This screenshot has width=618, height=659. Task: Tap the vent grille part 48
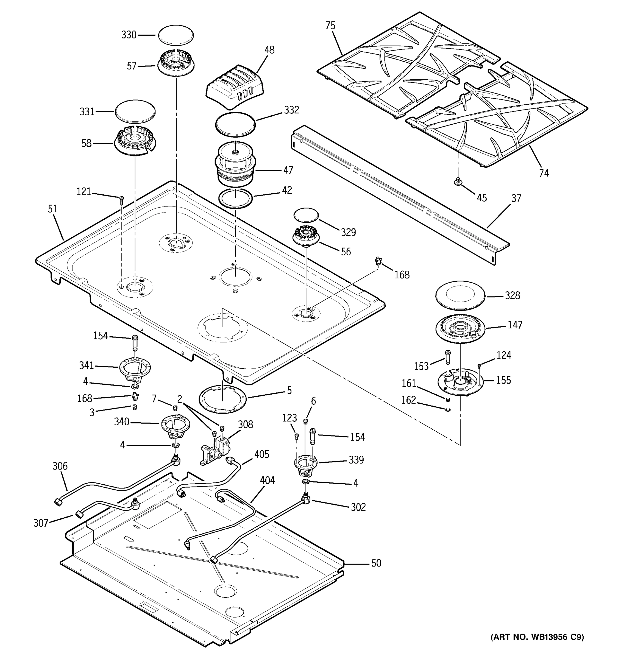pyautogui.click(x=235, y=86)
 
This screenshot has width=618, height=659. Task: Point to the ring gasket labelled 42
pyautogui.click(x=236, y=199)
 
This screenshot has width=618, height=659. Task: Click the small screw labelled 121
pyautogui.click(x=121, y=199)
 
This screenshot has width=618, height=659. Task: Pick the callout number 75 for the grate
pyautogui.click(x=330, y=26)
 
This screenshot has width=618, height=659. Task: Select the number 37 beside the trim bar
pyautogui.click(x=516, y=198)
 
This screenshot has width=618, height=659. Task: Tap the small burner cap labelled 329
pyautogui.click(x=306, y=216)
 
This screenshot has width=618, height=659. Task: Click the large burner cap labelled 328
pyautogui.click(x=460, y=295)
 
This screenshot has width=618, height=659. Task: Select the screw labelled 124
pyautogui.click(x=479, y=366)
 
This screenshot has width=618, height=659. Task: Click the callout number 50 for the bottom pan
pyautogui.click(x=376, y=563)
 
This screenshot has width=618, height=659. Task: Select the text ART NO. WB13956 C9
pyautogui.click(x=537, y=637)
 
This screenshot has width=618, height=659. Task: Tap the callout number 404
pyautogui.click(x=267, y=480)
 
